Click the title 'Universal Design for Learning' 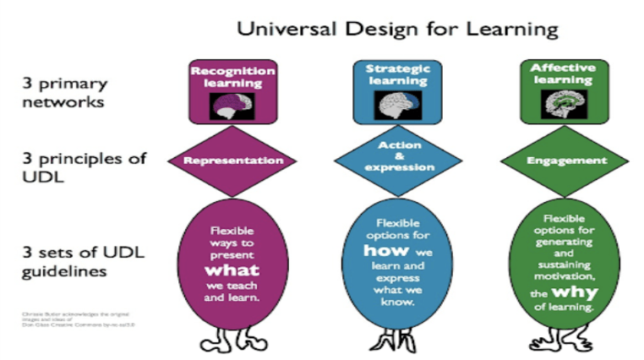[397, 29]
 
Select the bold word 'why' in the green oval [565, 291]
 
